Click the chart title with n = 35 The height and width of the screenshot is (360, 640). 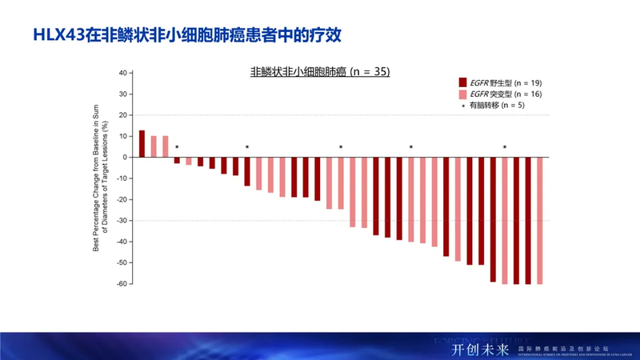pos(320,72)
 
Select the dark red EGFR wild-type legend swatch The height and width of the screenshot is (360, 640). pos(462,82)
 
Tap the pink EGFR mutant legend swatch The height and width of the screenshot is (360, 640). pos(462,94)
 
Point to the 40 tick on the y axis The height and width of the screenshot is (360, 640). pos(122,73)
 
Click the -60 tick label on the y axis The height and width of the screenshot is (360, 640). pos(121,283)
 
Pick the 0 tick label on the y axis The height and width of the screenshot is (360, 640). pos(125,157)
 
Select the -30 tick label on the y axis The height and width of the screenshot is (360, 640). pos(121,220)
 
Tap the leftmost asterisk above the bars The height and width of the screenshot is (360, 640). pos(177,147)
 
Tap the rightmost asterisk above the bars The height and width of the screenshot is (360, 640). pos(505,147)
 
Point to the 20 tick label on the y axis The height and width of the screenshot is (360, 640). pos(122,114)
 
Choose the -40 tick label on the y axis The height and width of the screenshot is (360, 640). pos(121,242)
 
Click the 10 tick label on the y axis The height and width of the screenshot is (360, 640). pos(122,136)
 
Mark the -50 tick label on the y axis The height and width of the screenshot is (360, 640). pos(121,262)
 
